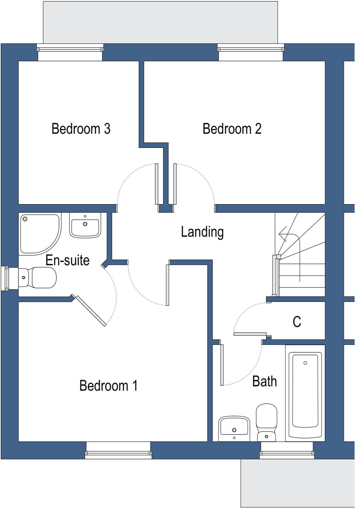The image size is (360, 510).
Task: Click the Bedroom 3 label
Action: (81, 129)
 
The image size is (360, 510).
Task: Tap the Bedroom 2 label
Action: (232, 129)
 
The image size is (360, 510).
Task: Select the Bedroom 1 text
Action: (108, 386)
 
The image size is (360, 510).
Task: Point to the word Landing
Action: (202, 232)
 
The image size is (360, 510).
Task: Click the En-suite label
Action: (67, 260)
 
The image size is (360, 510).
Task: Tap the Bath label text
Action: (264, 381)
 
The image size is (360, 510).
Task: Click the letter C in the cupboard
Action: (297, 322)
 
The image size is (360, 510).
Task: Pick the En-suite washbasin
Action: (85, 225)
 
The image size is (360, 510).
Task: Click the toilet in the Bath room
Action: (266, 422)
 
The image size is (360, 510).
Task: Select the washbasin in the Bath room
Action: (234, 428)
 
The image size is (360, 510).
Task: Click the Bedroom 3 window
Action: (70, 49)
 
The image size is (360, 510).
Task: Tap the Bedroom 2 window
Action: (251, 49)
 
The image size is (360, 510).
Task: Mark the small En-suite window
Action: (5, 278)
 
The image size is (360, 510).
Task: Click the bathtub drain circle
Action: (305, 363)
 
